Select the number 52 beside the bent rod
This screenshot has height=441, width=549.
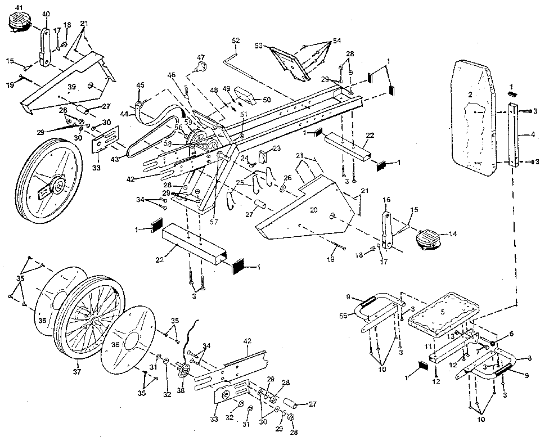pos(235,40)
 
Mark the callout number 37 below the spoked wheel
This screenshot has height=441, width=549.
pos(77,372)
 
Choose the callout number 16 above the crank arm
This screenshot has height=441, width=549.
pos(386,200)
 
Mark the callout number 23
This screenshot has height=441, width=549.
pos(276,148)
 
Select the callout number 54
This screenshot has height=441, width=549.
pos(336,41)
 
